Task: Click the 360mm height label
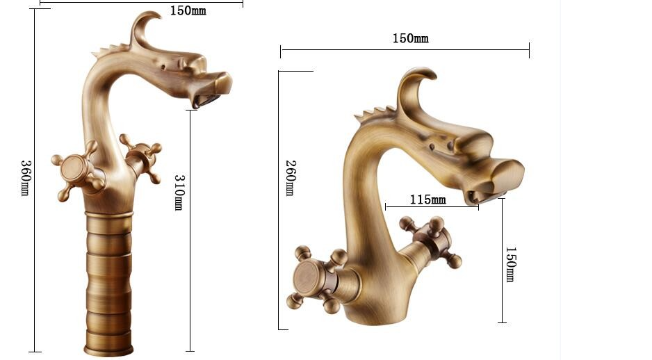tap(25, 178)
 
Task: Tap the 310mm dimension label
tap(179, 192)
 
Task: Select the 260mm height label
tap(291, 177)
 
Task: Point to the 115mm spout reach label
tap(428, 200)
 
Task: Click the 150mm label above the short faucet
tap(410, 39)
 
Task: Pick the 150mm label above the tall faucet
tap(188, 11)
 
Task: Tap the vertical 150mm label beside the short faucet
tap(511, 264)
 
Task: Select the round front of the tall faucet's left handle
tap(73, 169)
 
